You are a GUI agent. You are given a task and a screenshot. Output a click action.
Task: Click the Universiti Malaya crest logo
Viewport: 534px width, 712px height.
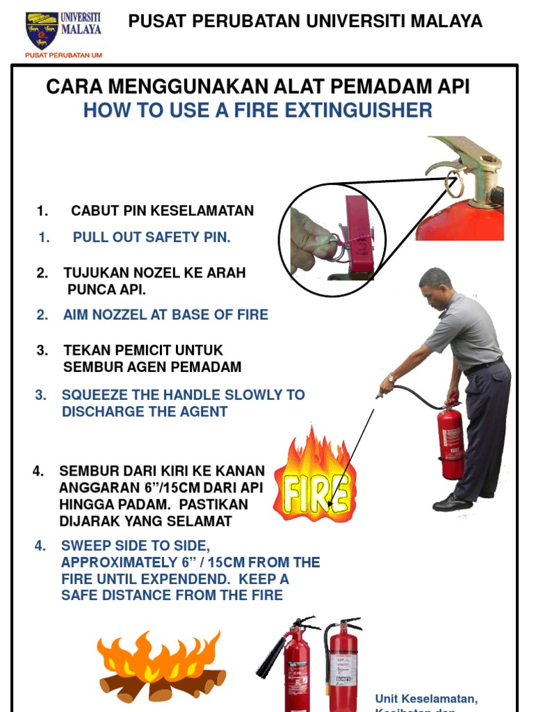(x=42, y=30)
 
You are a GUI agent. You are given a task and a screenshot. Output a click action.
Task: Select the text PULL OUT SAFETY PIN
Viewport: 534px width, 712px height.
(x=152, y=237)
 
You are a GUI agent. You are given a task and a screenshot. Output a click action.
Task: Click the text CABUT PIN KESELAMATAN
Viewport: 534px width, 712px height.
(x=162, y=211)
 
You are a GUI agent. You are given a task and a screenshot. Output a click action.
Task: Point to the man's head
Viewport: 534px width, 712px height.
(x=435, y=286)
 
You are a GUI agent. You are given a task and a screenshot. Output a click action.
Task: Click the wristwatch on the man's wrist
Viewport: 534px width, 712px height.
(x=391, y=378)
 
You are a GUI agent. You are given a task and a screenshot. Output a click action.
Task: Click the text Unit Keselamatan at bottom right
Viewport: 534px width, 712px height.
(x=426, y=698)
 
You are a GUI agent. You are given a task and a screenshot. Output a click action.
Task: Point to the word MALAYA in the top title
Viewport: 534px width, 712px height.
(x=446, y=22)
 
